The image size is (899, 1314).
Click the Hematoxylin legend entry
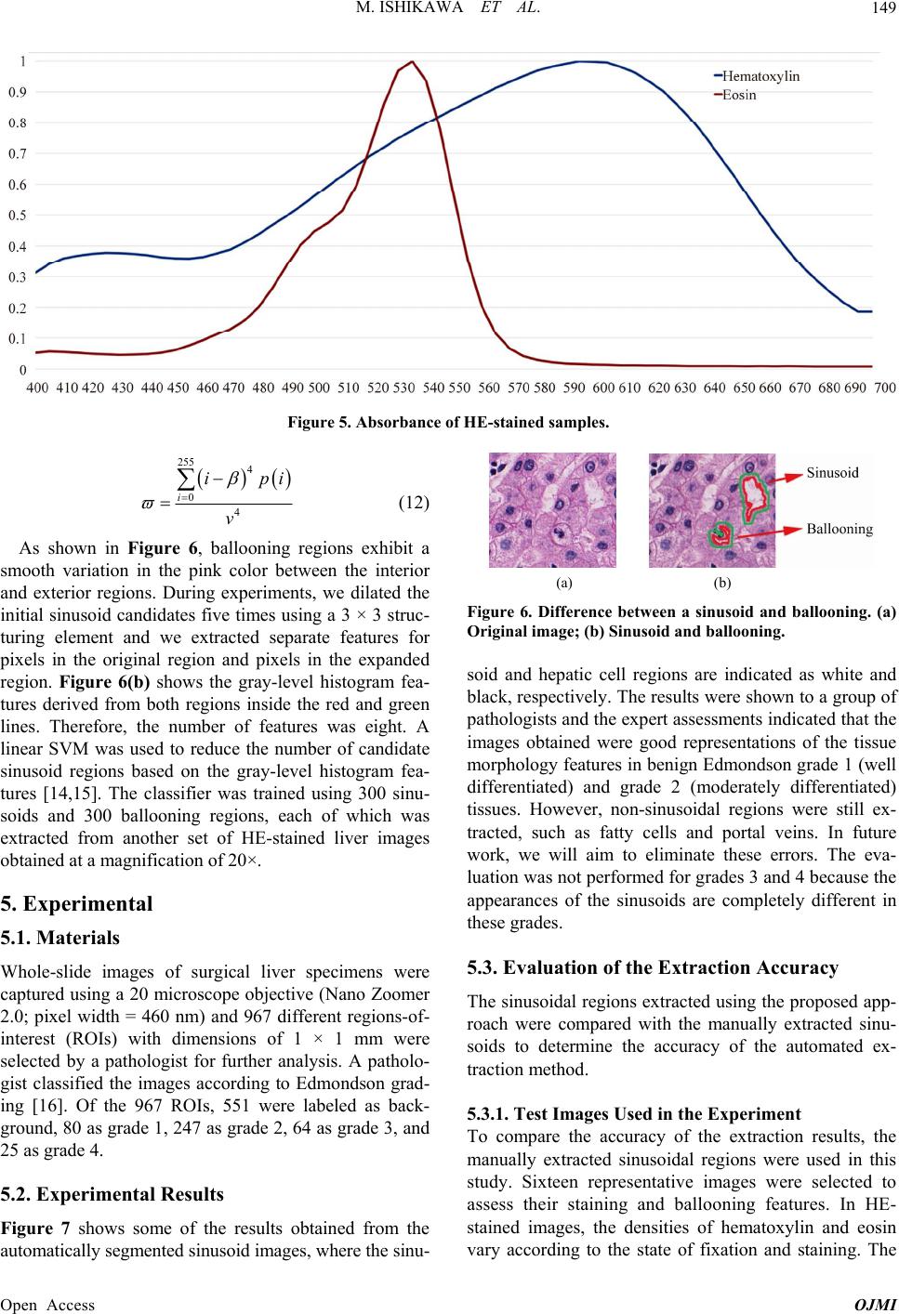pyautogui.click(x=757, y=76)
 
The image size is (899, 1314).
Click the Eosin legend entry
pyautogui.click(x=734, y=95)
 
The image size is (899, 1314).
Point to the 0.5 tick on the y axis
pyautogui.click(x=18, y=216)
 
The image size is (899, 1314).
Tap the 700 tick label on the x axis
pyautogui.click(x=885, y=388)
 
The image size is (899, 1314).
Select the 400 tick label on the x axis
pyautogui.click(x=37, y=388)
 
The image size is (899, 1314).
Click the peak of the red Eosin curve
pyautogui.click(x=413, y=61)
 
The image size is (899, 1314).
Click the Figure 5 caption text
pyautogui.click(x=448, y=422)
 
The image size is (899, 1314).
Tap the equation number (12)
pyautogui.click(x=414, y=503)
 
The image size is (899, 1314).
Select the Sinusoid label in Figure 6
pyautogui.click(x=832, y=473)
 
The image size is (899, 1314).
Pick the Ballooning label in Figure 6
pyautogui.click(x=840, y=529)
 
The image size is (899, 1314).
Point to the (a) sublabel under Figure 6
pyautogui.click(x=563, y=583)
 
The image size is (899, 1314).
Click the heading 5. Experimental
pyautogui.click(x=76, y=903)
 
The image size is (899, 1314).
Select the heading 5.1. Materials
pyautogui.click(x=59, y=938)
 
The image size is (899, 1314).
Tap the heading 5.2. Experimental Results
pyautogui.click(x=112, y=1194)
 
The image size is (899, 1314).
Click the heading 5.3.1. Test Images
pyautogui.click(x=634, y=1114)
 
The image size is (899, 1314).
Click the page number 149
pyautogui.click(x=884, y=8)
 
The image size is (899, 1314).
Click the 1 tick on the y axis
pyautogui.click(x=23, y=61)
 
